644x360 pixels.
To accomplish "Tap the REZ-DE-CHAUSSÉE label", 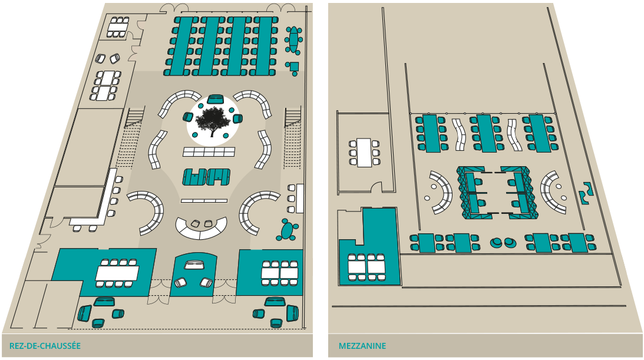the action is [x=45, y=346].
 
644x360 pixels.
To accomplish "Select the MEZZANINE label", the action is [x=362, y=346].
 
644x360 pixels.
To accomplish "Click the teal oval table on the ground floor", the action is [x=293, y=40].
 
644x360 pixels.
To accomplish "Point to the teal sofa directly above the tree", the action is [x=215, y=99].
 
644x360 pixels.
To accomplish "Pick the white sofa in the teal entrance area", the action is [x=194, y=265].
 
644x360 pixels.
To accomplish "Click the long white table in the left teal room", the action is [x=117, y=273].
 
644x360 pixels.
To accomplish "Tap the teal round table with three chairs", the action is [x=289, y=230].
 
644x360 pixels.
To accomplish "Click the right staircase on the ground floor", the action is [x=292, y=137].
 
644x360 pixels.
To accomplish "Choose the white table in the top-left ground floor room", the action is [x=117, y=28].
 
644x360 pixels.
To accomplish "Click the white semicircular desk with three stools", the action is [x=202, y=228].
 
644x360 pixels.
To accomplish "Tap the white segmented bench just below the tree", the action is [x=209, y=152].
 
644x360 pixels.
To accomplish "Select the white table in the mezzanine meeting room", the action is [x=364, y=153].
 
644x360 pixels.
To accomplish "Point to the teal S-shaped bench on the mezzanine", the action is [x=586, y=193].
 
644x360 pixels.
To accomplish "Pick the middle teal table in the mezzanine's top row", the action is [x=486, y=133].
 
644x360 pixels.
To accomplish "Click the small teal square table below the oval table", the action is [x=293, y=67].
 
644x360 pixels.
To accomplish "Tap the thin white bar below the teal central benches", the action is [x=204, y=201].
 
